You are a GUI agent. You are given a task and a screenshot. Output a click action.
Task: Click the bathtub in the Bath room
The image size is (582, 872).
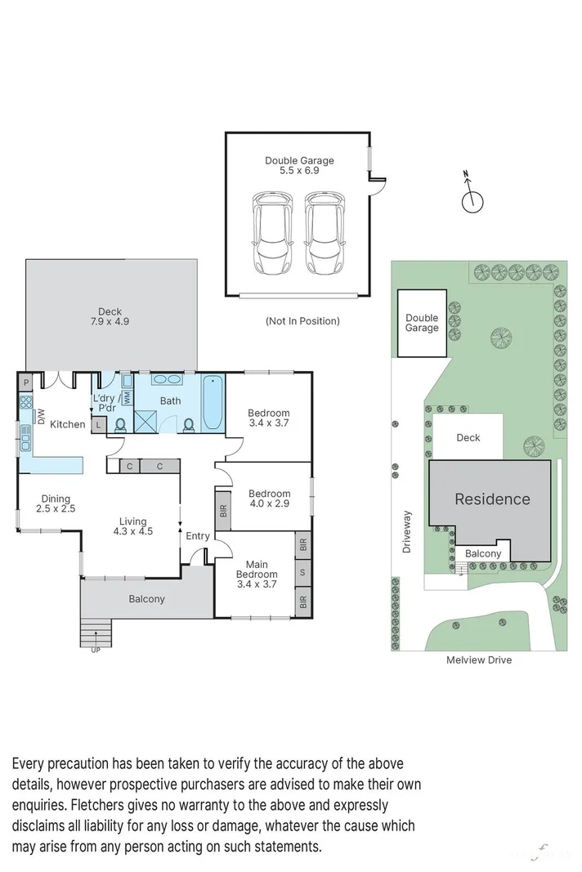point(213,402)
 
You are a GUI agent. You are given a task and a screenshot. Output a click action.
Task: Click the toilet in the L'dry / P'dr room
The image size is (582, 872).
point(120,425)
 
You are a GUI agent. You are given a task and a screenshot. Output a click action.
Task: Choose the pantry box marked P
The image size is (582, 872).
point(26,382)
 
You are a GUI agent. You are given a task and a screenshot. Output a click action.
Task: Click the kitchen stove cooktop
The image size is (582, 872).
point(26,402)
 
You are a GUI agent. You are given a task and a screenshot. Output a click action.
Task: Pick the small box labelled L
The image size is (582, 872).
point(99,425)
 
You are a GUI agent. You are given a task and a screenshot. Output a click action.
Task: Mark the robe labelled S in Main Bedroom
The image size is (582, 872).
point(302,572)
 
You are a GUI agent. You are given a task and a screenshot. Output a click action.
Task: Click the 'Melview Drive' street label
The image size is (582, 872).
point(478,660)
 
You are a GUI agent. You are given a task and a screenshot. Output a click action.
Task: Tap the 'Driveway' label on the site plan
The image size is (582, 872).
point(406,532)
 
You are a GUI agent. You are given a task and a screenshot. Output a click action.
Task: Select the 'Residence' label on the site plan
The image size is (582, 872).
point(492,499)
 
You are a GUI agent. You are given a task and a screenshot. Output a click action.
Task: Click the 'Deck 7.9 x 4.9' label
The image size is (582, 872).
point(110,316)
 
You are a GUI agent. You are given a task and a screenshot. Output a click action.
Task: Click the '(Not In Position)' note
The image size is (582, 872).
point(302,321)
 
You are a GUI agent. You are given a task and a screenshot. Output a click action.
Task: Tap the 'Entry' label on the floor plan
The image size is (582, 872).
point(198,536)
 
